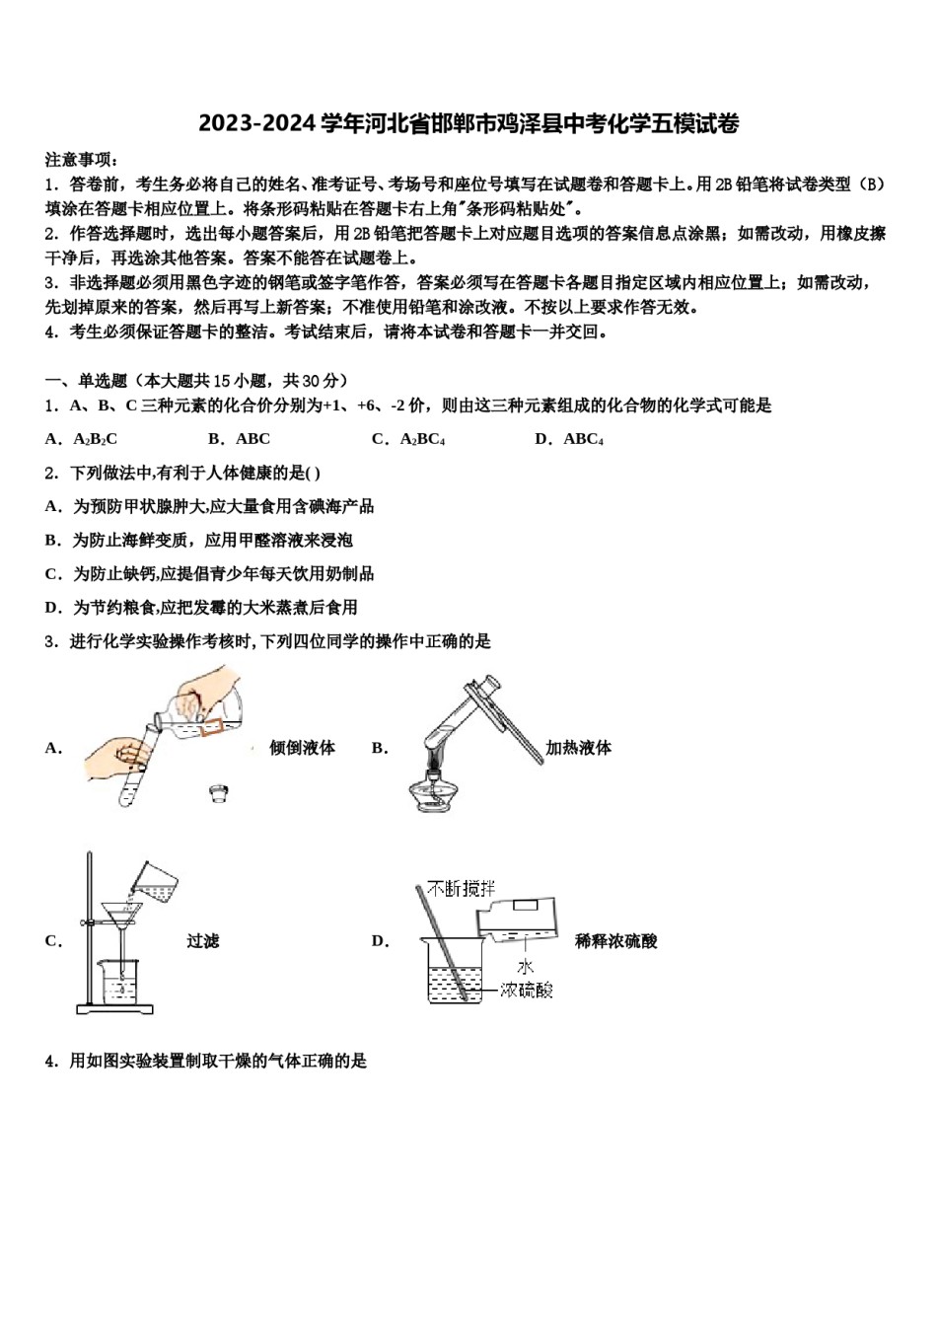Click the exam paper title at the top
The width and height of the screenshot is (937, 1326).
(x=468, y=124)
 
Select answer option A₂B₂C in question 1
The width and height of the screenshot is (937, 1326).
(x=95, y=439)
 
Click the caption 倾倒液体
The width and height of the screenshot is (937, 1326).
(x=302, y=748)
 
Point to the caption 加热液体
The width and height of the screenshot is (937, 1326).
(x=578, y=748)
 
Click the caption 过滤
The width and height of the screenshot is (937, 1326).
(x=202, y=941)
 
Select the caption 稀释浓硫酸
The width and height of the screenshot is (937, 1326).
(x=615, y=941)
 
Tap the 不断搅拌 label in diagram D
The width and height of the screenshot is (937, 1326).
(x=462, y=889)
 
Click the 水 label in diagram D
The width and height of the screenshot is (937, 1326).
(x=524, y=967)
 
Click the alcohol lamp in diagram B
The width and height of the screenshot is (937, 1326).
(x=438, y=790)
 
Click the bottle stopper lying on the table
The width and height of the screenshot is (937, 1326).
(x=219, y=792)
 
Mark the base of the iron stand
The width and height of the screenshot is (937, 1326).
(x=115, y=1008)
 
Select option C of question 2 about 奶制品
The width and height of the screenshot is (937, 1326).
(x=223, y=573)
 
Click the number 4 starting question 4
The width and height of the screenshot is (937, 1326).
(x=49, y=1062)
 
